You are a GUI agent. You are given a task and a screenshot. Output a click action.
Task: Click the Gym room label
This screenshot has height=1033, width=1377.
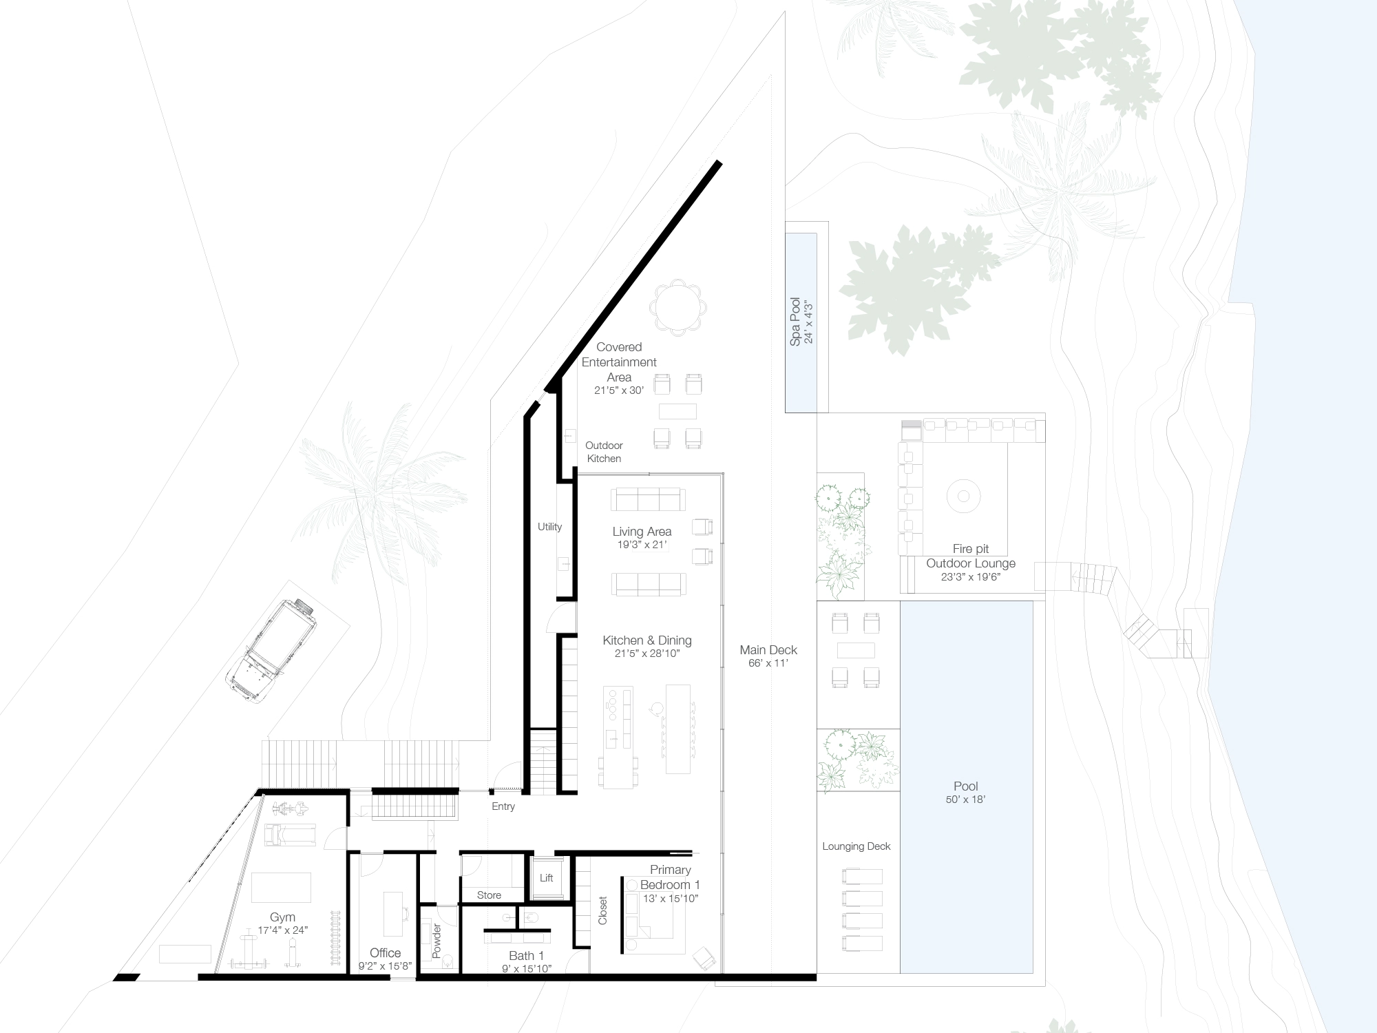[x=282, y=917]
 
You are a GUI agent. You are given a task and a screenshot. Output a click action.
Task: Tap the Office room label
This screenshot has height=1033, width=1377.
[x=385, y=953]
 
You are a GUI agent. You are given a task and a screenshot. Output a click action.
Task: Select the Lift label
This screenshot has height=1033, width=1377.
[x=546, y=878]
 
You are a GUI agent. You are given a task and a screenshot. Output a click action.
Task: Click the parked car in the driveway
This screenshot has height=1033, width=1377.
[x=273, y=650]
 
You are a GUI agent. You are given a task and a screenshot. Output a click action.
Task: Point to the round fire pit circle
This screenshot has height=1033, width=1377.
[x=963, y=496]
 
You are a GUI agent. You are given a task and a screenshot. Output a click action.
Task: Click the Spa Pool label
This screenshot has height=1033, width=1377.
[x=795, y=322]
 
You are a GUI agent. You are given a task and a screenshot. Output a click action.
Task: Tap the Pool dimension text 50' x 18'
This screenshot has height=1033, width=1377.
[x=966, y=800]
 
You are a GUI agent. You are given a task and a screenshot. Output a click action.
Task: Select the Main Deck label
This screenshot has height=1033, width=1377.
[x=768, y=649]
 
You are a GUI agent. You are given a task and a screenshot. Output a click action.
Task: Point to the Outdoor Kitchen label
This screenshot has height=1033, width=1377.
[x=604, y=452]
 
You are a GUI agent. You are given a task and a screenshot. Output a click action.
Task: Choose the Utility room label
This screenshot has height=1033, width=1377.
[x=549, y=527]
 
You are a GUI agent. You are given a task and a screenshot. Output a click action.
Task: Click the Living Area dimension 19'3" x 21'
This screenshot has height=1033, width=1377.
[x=642, y=545]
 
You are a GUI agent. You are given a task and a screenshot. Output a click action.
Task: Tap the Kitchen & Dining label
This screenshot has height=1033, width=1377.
[x=647, y=640]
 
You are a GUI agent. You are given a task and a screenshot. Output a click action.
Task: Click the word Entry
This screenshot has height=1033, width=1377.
[x=503, y=806]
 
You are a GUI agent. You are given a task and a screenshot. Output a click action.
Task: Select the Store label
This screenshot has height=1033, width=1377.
[x=489, y=895]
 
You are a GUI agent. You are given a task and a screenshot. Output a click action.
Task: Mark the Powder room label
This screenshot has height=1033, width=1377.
[x=437, y=941]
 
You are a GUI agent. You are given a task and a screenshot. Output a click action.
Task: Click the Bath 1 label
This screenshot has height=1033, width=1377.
[x=527, y=955]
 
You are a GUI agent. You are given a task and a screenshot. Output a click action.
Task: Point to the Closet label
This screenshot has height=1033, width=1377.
[x=603, y=910]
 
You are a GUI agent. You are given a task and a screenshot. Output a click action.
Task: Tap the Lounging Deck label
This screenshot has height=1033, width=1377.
[x=856, y=846]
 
